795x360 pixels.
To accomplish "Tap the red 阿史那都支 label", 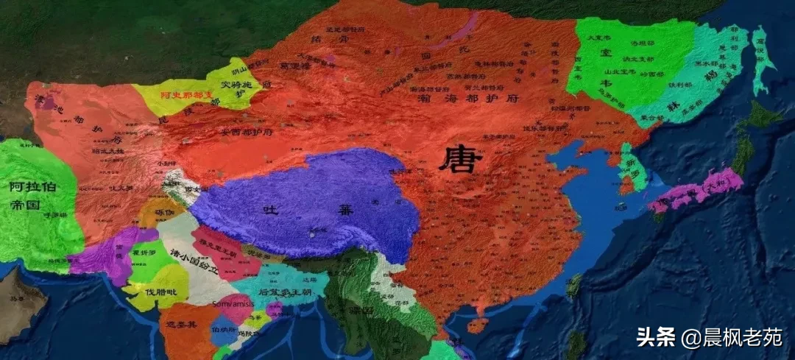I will [x=189, y=95].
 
